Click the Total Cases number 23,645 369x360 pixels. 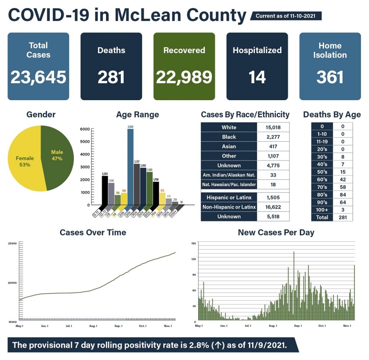click(38, 77)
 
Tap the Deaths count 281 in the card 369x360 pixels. click(111, 77)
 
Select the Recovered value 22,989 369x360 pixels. click(184, 77)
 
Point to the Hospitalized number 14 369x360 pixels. click(257, 77)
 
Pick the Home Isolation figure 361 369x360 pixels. click(330, 77)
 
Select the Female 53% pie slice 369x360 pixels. click(25, 161)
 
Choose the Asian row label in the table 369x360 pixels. click(229, 147)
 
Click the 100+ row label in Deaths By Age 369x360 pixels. click(322, 210)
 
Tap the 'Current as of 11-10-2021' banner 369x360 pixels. click(286, 16)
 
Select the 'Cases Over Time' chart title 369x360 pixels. click(93, 232)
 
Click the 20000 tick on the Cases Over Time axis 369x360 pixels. click(12, 283)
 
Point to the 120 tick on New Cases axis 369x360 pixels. click(193, 259)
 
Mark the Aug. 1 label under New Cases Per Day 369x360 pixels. click(273, 326)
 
